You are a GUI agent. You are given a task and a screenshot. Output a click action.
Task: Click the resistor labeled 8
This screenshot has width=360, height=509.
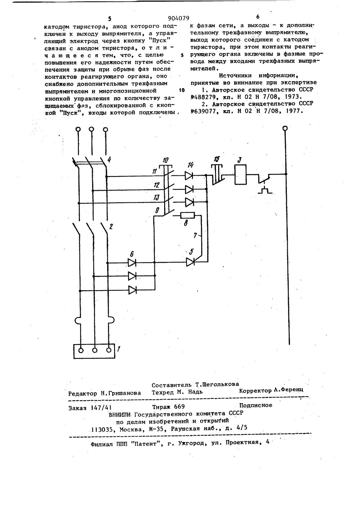coord(187,215)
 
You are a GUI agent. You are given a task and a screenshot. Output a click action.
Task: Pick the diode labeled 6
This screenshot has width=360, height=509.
coord(132,263)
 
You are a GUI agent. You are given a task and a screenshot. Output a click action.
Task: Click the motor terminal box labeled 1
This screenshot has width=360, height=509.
coord(94,351)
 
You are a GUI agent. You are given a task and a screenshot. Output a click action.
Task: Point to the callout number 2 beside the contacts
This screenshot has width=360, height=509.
coord(111,227)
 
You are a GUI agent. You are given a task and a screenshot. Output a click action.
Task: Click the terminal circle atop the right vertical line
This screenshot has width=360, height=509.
coord(285,128)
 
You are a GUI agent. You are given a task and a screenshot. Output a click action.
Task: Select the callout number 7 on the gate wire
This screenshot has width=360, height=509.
coord(195,236)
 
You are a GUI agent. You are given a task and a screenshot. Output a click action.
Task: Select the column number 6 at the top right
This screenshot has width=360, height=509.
coord(258,17)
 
